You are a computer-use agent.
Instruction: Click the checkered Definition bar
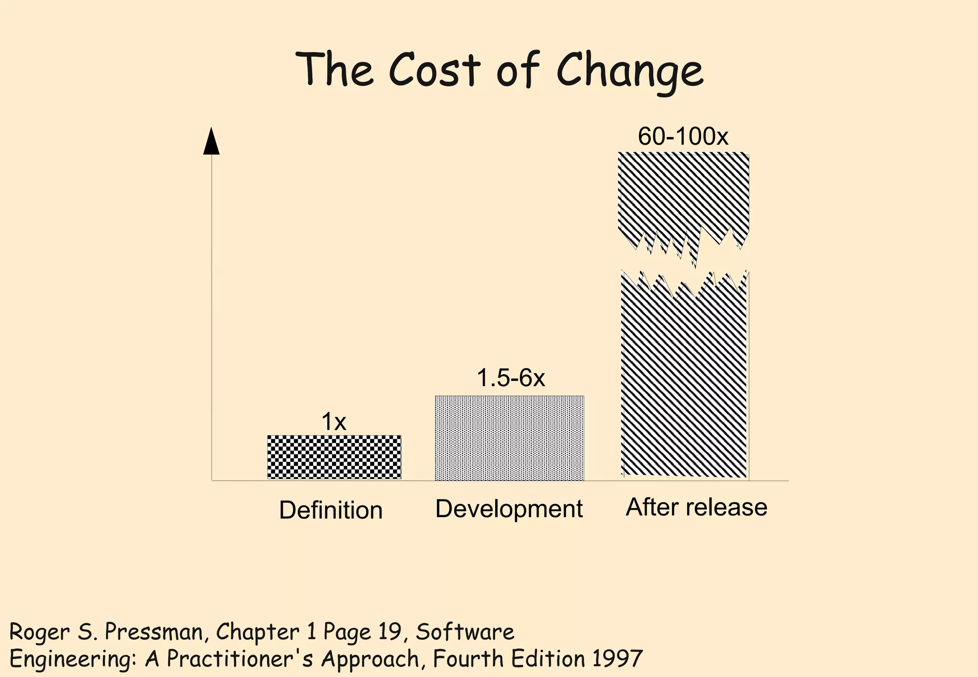coord(334,457)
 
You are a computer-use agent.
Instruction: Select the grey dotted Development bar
coord(509,438)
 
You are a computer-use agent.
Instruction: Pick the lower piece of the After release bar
coord(684,382)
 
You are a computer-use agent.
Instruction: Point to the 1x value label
coord(333,422)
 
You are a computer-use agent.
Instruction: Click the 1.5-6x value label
coord(510,379)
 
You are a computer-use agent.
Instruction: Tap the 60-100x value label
coord(683,137)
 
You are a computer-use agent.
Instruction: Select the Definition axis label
coord(330,510)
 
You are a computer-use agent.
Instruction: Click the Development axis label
coord(509,509)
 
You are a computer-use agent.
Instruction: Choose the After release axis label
coord(696,507)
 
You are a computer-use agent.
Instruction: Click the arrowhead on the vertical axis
coord(211,142)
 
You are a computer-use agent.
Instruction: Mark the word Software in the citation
coord(465,633)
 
